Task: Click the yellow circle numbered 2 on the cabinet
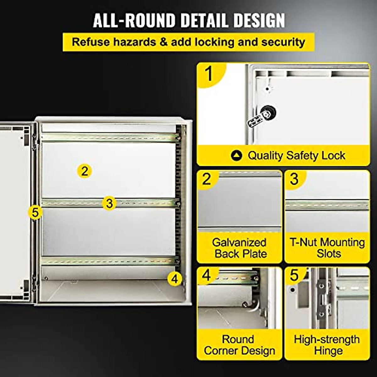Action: pyautogui.click(x=84, y=171)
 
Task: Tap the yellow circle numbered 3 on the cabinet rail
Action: pyautogui.click(x=109, y=203)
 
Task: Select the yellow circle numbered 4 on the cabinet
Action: pyautogui.click(x=175, y=279)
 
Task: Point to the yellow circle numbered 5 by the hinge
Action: pyautogui.click(x=35, y=212)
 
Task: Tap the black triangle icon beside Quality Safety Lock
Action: pyautogui.click(x=236, y=156)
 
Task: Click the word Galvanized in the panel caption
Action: pyautogui.click(x=239, y=243)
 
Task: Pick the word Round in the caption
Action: pyautogui.click(x=238, y=339)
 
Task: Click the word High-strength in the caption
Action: pyautogui.click(x=327, y=339)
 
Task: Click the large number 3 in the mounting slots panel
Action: pyautogui.click(x=294, y=179)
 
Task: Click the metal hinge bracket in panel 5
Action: pyautogui.click(x=322, y=297)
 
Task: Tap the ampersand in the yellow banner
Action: pyautogui.click(x=163, y=42)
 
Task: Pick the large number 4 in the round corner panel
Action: pyautogui.click(x=206, y=275)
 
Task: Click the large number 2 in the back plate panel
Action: pyautogui.click(x=206, y=179)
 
